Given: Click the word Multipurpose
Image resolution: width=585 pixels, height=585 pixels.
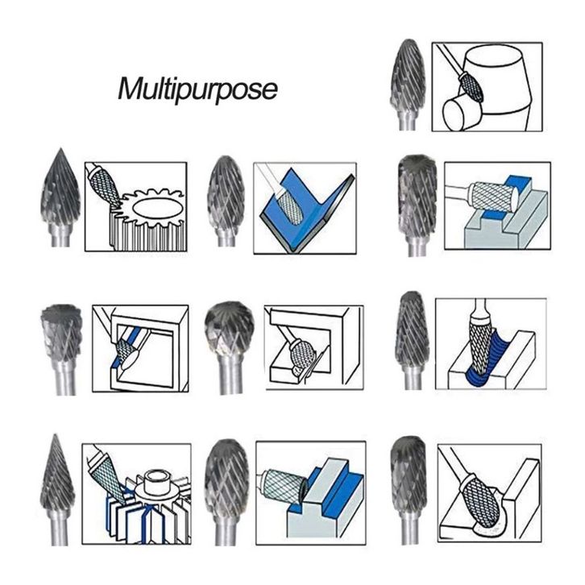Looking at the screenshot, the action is [x=197, y=89].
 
